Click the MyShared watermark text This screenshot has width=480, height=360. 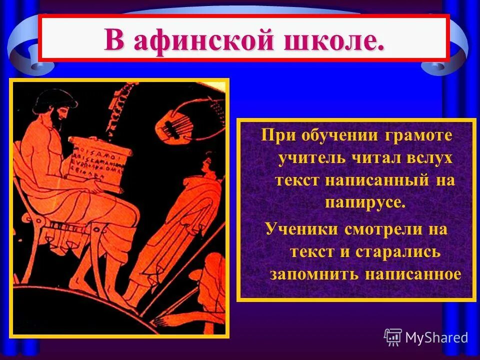[x=436, y=337]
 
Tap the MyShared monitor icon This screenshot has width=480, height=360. [x=393, y=337]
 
